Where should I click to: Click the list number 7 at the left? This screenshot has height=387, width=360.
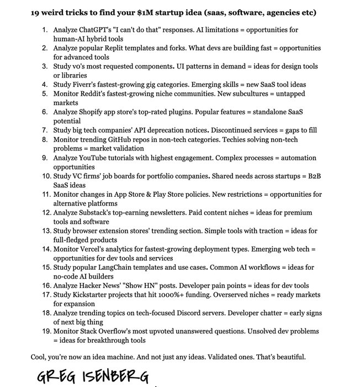tap(46, 130)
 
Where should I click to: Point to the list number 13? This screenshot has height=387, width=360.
tap(44, 231)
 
